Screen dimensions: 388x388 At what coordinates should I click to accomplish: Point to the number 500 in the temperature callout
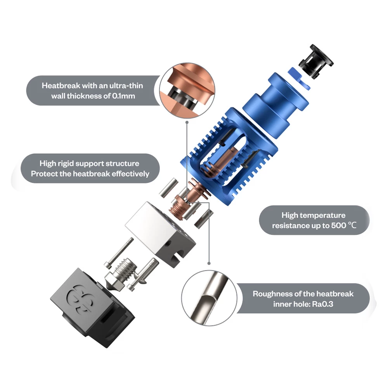[x=338, y=225]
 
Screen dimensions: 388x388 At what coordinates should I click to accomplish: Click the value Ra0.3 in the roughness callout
[x=323, y=304]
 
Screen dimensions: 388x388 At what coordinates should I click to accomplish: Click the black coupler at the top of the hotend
[x=316, y=61]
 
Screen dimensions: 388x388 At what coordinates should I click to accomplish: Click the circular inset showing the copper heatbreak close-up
[x=187, y=90]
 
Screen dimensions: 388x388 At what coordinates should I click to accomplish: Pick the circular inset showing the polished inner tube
[x=209, y=298]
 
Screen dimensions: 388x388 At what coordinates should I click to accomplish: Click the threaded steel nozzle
[x=121, y=274]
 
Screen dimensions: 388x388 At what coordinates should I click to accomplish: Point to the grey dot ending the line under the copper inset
[x=187, y=122]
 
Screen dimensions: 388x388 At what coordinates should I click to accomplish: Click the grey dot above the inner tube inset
[x=209, y=263]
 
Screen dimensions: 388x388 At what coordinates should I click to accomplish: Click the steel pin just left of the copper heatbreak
[x=168, y=188]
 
